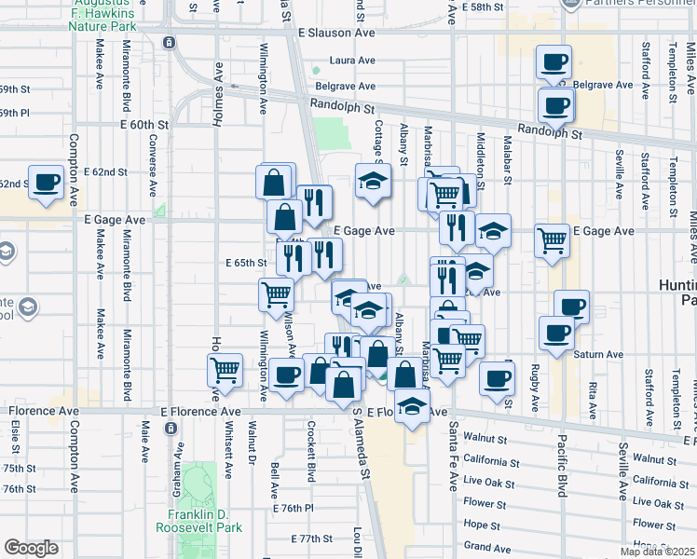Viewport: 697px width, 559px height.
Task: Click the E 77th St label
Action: point(310,539)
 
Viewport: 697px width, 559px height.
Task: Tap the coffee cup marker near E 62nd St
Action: point(46,182)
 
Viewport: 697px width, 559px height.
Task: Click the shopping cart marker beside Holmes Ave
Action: point(225,370)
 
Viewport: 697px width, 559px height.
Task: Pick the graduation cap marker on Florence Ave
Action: point(412,404)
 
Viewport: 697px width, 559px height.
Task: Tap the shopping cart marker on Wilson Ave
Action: point(276,294)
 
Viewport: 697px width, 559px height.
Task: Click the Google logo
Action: point(31,549)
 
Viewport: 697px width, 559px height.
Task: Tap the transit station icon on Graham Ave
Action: point(170,428)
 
